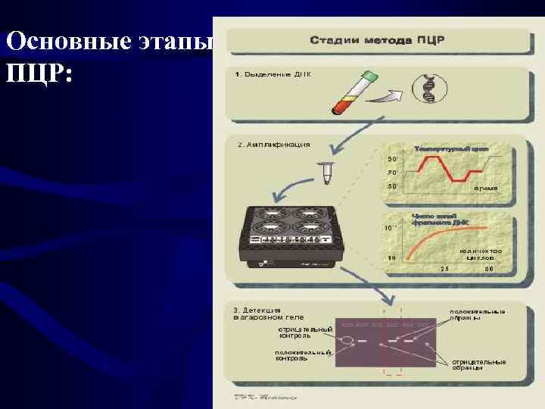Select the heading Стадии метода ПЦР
pos(376,41)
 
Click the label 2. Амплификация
pos(273,144)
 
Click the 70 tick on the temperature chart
pos(392,173)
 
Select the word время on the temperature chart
pos(485,187)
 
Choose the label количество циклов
pos(480,254)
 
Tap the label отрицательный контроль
pos(305,332)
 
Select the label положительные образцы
pos(478,315)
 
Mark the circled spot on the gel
pos(344,342)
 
